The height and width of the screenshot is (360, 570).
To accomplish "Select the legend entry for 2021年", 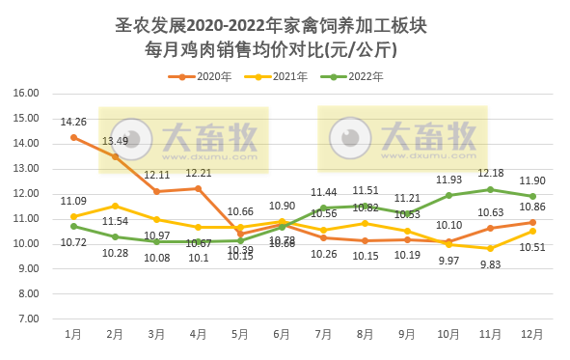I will pyautogui.click(x=289, y=75).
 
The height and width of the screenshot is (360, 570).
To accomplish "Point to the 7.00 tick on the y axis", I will pyautogui.click(x=28, y=318).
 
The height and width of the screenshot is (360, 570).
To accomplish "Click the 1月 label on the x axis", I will pyautogui.click(x=73, y=333).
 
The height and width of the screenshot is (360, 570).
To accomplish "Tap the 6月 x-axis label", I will pyautogui.click(x=282, y=333).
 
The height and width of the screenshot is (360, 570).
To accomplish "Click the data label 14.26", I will pyautogui.click(x=73, y=122).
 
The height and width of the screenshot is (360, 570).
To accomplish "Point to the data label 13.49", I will pyautogui.click(x=115, y=141).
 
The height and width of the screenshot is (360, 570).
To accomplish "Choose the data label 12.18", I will pyautogui.click(x=491, y=174).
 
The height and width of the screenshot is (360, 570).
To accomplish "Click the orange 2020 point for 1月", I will pyautogui.click(x=73, y=137).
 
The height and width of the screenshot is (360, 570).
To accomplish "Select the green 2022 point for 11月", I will pyautogui.click(x=491, y=189).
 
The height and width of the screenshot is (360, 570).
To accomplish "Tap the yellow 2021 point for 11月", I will pyautogui.click(x=491, y=248).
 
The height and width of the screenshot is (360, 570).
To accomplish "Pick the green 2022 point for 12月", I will pyautogui.click(x=532, y=196).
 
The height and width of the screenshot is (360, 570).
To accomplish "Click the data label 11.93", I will pyautogui.click(x=449, y=180).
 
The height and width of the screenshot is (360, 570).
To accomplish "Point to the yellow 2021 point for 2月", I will pyautogui.click(x=115, y=206).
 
